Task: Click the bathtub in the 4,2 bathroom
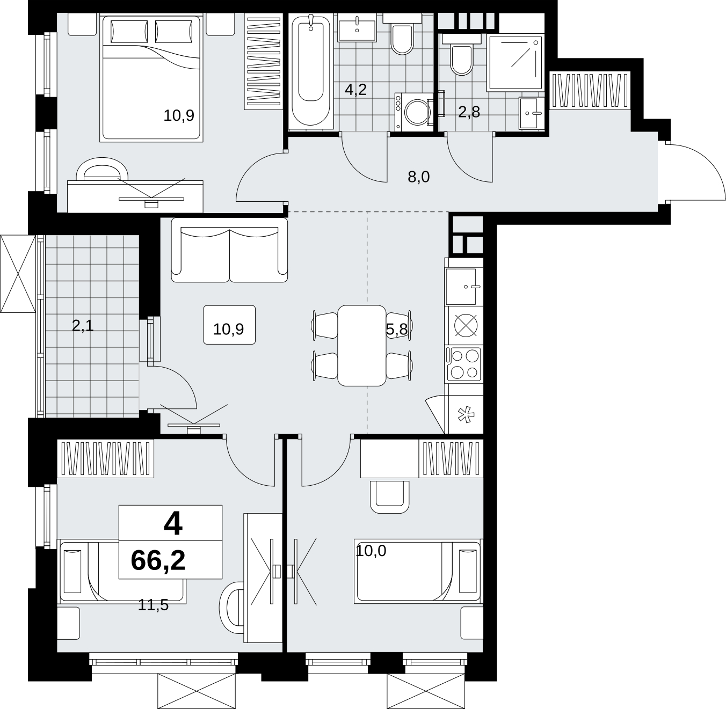(310, 71)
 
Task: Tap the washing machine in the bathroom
(414, 112)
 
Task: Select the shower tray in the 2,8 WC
(515, 63)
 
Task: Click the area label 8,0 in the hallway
(419, 177)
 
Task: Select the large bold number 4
(173, 523)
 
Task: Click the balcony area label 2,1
(83, 326)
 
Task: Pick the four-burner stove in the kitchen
(464, 363)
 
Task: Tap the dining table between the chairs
(361, 345)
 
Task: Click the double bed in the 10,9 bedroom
(151, 78)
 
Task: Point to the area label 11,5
(154, 605)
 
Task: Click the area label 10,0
(371, 551)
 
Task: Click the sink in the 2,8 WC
(532, 113)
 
